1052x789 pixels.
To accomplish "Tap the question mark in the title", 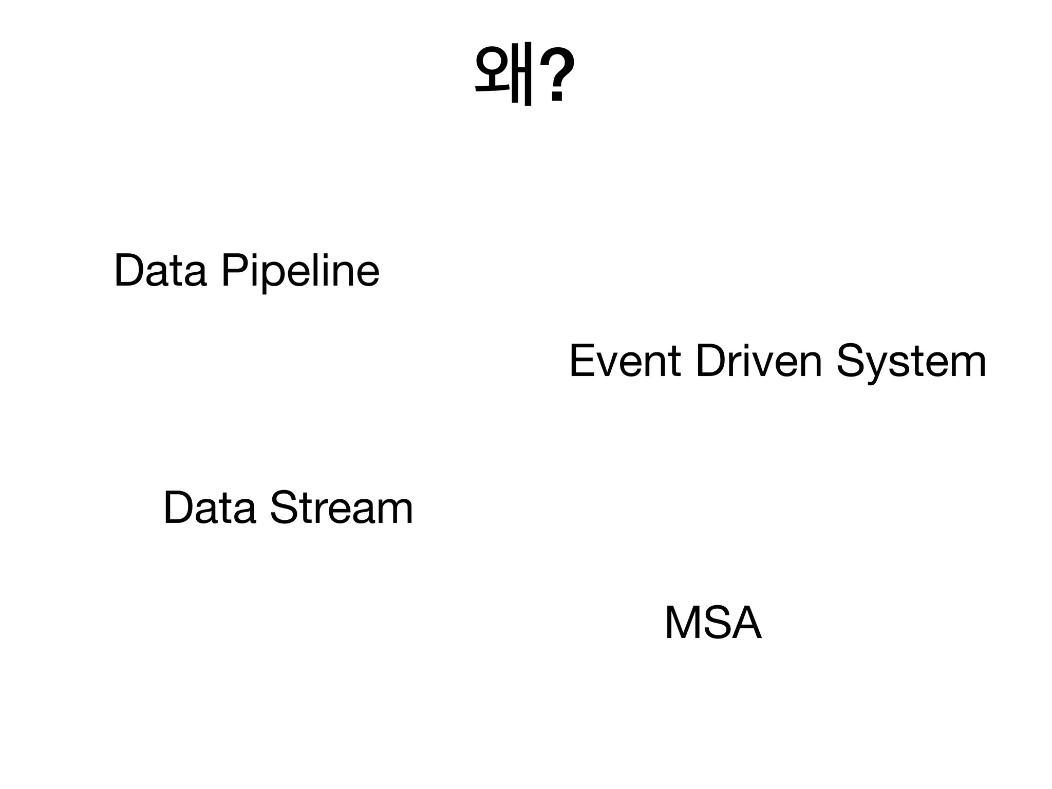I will [557, 74].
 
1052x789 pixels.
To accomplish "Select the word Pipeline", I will [300, 271].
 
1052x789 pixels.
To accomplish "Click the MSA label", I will [713, 623].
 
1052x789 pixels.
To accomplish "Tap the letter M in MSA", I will [684, 623].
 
